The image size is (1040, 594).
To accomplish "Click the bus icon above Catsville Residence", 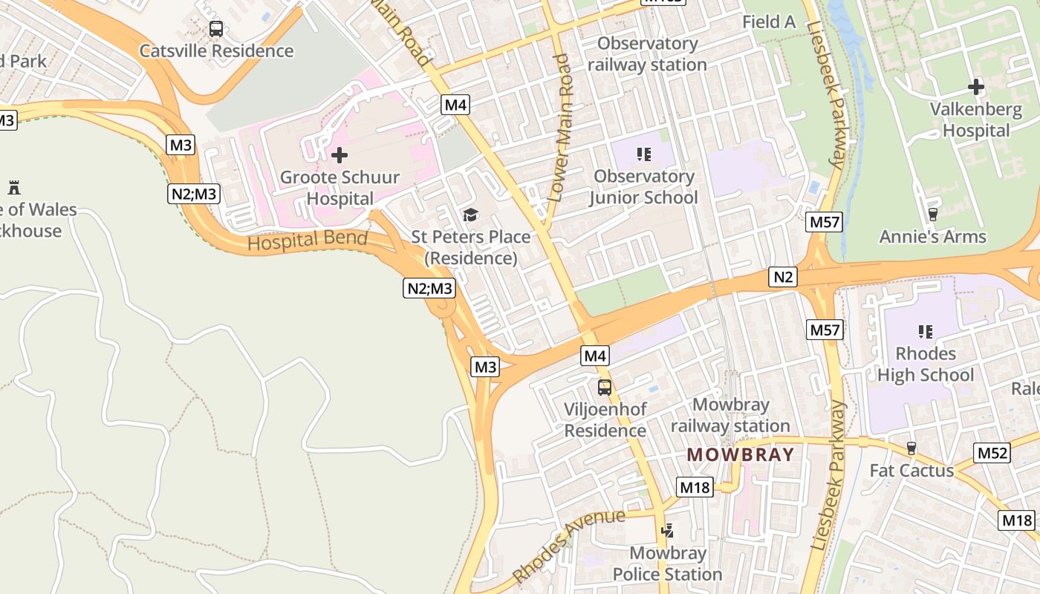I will pos(215,29).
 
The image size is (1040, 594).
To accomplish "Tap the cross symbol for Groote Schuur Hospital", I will pos(339,155).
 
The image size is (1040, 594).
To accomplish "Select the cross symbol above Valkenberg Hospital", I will pos(976,87).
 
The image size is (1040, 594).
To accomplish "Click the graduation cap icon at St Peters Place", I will pos(470,215).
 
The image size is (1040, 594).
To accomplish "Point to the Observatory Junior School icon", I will pos(644,154).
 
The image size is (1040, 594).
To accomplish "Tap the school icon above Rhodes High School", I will pos(925,331).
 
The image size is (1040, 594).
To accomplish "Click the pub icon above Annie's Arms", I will pos(932,215).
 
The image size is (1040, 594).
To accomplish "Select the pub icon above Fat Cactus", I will pos(911,448).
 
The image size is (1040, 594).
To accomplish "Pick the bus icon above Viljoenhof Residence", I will pos(605,387).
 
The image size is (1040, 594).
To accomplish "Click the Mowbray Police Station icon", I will pos(668,531).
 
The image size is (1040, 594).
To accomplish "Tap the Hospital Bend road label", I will pos(308,241).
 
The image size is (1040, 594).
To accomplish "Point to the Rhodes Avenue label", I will pos(568,545).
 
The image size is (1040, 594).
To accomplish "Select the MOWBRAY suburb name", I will pos(740,454).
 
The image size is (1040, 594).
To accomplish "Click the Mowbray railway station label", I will pos(730,415).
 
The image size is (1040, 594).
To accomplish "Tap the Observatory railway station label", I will pos(647,53).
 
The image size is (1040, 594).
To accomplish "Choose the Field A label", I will pos(769,22).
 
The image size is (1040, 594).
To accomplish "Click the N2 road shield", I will pos(784,278).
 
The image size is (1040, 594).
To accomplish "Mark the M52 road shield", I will pos(992,453).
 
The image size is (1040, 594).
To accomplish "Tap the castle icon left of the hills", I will pos(14,187).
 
